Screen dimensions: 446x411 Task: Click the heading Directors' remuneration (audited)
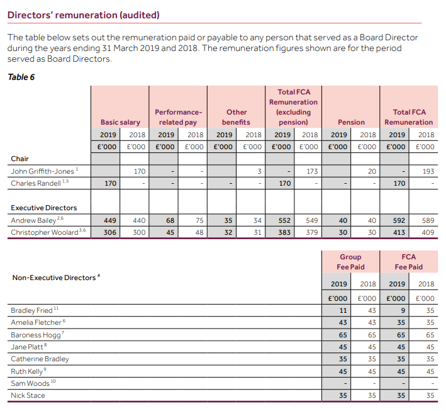83,15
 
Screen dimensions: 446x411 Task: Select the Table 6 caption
21,77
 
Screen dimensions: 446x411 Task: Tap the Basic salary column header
120,122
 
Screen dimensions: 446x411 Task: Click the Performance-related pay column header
179,117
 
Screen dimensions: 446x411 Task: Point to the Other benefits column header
236,117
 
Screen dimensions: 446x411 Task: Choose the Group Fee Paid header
350,262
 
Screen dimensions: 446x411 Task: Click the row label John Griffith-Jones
42,171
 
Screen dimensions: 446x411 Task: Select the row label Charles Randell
36,183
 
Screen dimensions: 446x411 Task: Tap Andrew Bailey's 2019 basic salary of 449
110,220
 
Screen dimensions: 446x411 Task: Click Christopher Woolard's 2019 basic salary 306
110,232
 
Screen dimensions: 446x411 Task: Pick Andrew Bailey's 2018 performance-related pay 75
199,220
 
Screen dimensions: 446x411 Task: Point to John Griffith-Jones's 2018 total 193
428,171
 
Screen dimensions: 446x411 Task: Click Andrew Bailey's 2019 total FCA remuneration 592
399,220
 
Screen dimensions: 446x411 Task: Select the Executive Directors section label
44,208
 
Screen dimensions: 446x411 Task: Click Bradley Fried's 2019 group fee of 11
343,310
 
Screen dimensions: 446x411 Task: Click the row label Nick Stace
28,395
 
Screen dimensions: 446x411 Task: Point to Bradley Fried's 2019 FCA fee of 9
403,310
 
